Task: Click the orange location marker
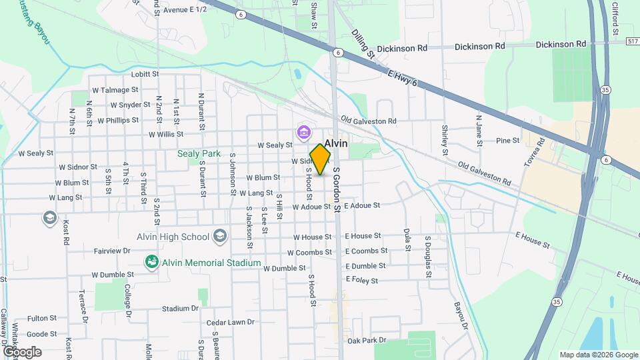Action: point(321,159)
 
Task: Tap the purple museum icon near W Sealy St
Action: point(304,133)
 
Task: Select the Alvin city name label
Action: point(335,143)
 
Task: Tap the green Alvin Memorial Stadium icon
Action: point(152,263)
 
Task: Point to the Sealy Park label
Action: point(199,153)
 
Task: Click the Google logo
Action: point(22,351)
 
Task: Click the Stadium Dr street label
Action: point(181,309)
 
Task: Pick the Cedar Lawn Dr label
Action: point(231,322)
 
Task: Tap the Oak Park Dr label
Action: point(367,340)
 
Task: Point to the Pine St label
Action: point(508,141)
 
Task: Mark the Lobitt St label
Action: point(145,74)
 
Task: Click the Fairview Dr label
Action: point(113,251)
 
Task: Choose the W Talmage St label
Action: point(115,89)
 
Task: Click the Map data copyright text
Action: point(598,355)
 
